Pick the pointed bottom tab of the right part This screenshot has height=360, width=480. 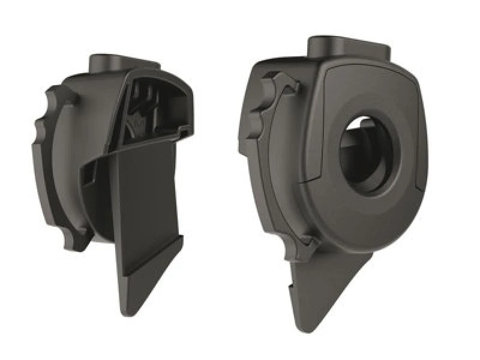click(324, 294)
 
